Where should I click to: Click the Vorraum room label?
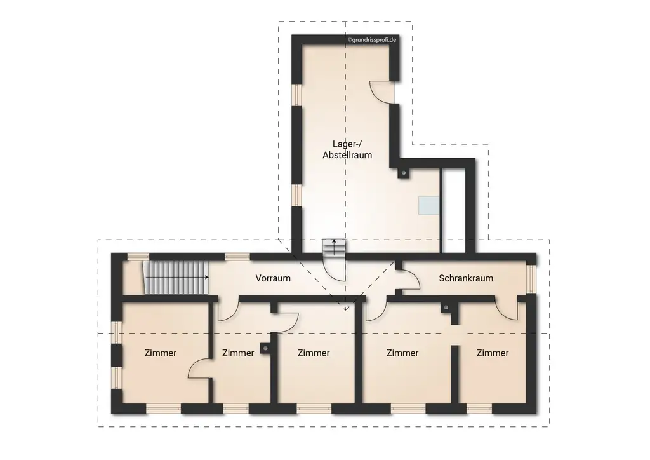pyautogui.click(x=273, y=278)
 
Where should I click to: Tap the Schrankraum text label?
pyautogui.click(x=466, y=278)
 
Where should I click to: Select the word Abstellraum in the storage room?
pyautogui.click(x=347, y=155)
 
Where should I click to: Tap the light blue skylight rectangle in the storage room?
pyautogui.click(x=428, y=206)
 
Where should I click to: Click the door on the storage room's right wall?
pyautogui.click(x=383, y=93)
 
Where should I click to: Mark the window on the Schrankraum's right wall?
pyautogui.click(x=531, y=278)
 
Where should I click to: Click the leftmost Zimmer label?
pyautogui.click(x=160, y=353)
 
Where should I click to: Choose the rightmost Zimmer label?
pyautogui.click(x=493, y=353)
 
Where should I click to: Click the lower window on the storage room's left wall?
pyautogui.click(x=296, y=194)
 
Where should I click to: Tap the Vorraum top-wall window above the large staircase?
pyautogui.click(x=135, y=257)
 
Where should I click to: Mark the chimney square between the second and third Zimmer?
pyautogui.click(x=265, y=348)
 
